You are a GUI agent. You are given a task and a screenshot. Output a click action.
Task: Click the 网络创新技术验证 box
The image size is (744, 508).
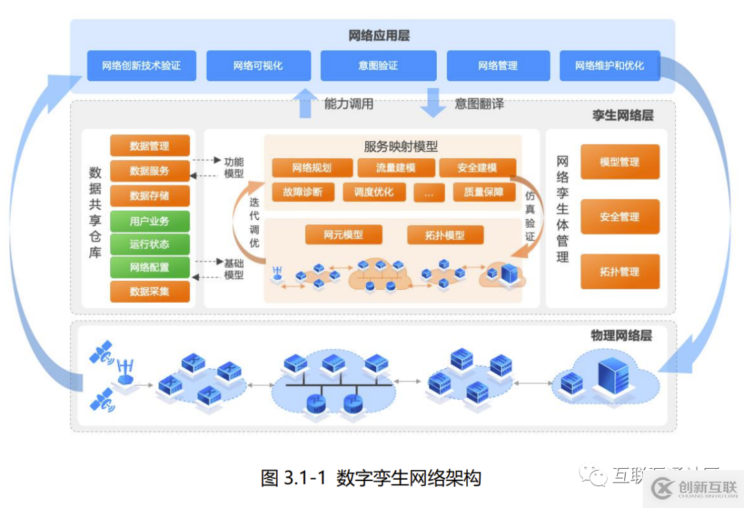click(141, 66)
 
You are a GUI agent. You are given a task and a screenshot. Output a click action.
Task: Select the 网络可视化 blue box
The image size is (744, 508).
click(258, 66)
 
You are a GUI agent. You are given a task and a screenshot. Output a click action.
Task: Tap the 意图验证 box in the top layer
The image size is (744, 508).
click(378, 66)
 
